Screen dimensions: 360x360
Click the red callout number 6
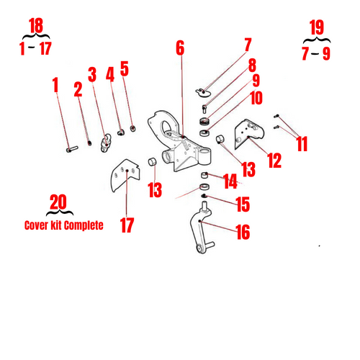[x=180, y=48]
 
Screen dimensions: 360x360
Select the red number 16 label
[x=243, y=232]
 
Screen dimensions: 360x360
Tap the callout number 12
[x=274, y=161]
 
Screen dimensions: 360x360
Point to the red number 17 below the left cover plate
[x=127, y=225]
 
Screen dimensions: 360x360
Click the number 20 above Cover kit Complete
[x=58, y=202]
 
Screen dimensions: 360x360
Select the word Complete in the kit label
[x=84, y=225]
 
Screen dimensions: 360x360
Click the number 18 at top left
[x=36, y=25]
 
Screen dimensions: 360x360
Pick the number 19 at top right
[x=317, y=27]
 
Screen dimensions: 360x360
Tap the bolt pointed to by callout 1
[x=72, y=149]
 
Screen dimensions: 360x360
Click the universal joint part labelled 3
[x=106, y=143]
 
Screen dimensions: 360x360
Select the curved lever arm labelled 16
[x=201, y=228]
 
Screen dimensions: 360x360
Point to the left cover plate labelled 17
[x=125, y=175]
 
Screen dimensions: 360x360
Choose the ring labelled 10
[x=204, y=132]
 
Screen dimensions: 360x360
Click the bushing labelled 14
[x=204, y=175]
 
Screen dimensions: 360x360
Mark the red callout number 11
[x=302, y=144]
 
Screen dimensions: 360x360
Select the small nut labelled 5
[x=133, y=128]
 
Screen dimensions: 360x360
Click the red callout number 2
[x=78, y=89]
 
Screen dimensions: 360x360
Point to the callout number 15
[x=243, y=204]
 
